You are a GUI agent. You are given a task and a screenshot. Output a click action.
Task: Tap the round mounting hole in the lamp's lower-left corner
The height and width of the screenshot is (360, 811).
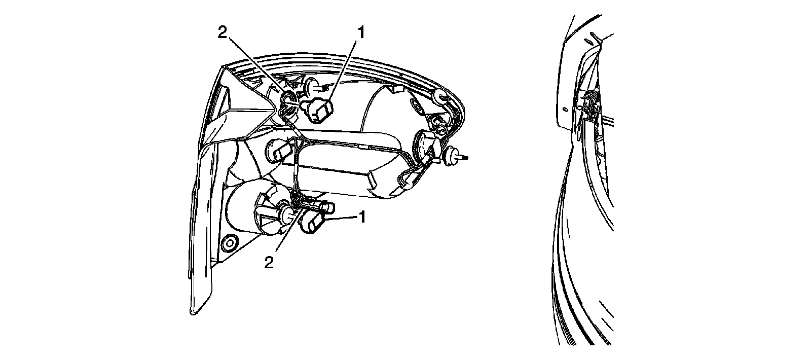[x=230, y=243]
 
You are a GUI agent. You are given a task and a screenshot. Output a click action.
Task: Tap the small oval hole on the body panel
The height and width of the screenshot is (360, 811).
[x=565, y=109]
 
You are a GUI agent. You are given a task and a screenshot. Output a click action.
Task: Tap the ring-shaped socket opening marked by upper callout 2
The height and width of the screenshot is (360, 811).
[x=289, y=100]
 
